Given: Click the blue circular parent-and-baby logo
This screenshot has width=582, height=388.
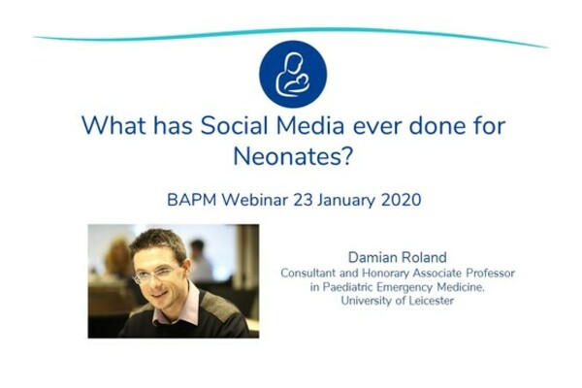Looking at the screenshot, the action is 293,74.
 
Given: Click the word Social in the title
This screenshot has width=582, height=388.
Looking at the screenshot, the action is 234,125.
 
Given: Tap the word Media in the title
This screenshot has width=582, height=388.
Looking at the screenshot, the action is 310,125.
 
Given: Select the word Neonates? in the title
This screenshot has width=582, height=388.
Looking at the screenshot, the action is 292,156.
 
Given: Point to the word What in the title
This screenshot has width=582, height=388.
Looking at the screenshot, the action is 113,125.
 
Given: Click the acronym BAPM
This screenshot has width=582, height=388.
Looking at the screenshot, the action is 191,200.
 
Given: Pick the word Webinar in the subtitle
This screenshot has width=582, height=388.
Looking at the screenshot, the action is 254,200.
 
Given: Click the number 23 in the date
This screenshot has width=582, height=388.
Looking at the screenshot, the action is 303,200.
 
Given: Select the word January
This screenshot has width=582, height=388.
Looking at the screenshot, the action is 346,201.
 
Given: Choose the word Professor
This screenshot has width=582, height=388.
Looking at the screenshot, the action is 490,273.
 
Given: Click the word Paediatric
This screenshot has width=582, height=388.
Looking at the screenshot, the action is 347,287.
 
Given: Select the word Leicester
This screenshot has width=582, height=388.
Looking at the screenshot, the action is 432,301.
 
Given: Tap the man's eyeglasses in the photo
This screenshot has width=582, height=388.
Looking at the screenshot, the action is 156,275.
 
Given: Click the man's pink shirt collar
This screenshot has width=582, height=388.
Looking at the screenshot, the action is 178,307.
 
